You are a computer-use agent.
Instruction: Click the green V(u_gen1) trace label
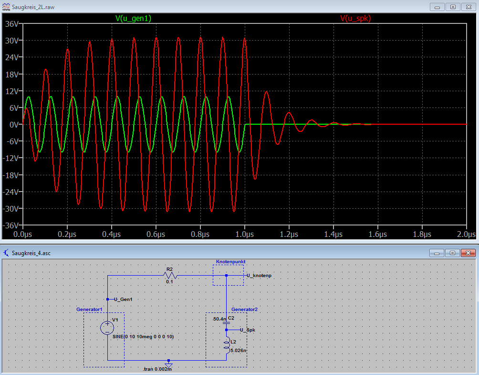[x=133, y=18]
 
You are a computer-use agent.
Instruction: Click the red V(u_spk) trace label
[x=355, y=18]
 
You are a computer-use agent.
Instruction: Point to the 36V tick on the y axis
[x=12, y=24]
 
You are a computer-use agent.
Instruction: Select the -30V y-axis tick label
[x=10, y=209]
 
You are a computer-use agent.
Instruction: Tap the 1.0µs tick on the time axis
[x=245, y=234]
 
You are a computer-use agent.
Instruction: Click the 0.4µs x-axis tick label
[x=112, y=234]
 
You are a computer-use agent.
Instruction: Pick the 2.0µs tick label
[x=466, y=234]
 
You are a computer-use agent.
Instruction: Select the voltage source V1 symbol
[x=107, y=328]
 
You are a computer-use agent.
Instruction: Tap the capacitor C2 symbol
[x=226, y=323]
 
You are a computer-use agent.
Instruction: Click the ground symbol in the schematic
[x=168, y=364]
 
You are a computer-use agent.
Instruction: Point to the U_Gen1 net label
[x=123, y=299]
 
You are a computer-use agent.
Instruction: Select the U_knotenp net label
[x=259, y=276]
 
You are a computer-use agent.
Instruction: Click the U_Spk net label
[x=248, y=330]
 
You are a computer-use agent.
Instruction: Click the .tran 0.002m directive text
[x=157, y=369]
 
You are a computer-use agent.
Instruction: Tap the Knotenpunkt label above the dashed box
[x=230, y=261]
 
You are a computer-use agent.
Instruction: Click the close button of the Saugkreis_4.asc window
[x=468, y=253]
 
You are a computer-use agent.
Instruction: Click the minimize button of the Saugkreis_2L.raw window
[x=437, y=7]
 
